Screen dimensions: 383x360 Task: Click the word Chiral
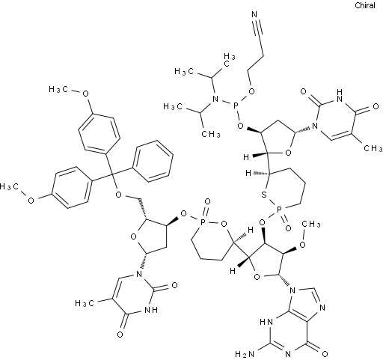(365, 5)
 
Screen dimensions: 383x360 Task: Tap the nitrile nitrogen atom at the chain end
(254, 14)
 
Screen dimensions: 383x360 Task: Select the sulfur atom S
(264, 195)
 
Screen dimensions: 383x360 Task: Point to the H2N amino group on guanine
(245, 354)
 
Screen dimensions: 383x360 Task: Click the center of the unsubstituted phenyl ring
(153, 161)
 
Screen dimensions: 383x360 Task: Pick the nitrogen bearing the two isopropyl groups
(215, 99)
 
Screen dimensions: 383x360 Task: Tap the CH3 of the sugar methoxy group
(311, 224)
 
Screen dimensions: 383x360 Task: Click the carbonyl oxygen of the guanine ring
(325, 354)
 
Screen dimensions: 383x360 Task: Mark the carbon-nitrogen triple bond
(257, 27)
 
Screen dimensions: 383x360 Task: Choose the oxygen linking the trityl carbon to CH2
(119, 195)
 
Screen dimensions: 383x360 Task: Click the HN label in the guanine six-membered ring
(266, 322)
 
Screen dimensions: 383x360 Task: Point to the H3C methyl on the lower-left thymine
(85, 303)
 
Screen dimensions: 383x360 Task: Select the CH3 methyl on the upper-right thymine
(373, 148)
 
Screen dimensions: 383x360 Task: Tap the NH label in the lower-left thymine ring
(151, 310)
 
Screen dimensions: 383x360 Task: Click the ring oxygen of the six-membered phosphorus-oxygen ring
(224, 224)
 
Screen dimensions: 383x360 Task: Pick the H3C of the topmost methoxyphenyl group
(58, 89)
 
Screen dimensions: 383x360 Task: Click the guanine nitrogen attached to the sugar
(292, 290)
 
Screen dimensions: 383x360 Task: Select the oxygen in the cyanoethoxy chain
(252, 91)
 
